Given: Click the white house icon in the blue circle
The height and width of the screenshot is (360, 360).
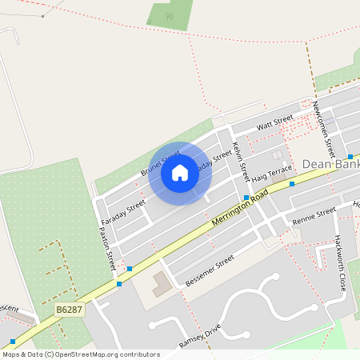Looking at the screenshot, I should pos(180,172).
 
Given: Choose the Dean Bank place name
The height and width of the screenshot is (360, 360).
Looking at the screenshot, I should pos(330,165).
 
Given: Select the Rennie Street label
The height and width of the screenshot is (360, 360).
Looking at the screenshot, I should pos(314,215).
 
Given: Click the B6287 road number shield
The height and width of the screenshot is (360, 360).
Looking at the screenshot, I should pos(70,309).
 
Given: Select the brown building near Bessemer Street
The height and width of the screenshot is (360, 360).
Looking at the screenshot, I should pos(161,283).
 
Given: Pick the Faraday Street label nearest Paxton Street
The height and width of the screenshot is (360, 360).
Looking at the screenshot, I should pos(125,211).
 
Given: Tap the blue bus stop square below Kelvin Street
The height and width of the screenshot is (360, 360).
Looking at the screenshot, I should pos(246,198).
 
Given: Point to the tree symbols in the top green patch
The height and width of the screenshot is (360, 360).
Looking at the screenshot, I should pos(169,16).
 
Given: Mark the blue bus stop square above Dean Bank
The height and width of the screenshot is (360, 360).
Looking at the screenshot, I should pos(350,156).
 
